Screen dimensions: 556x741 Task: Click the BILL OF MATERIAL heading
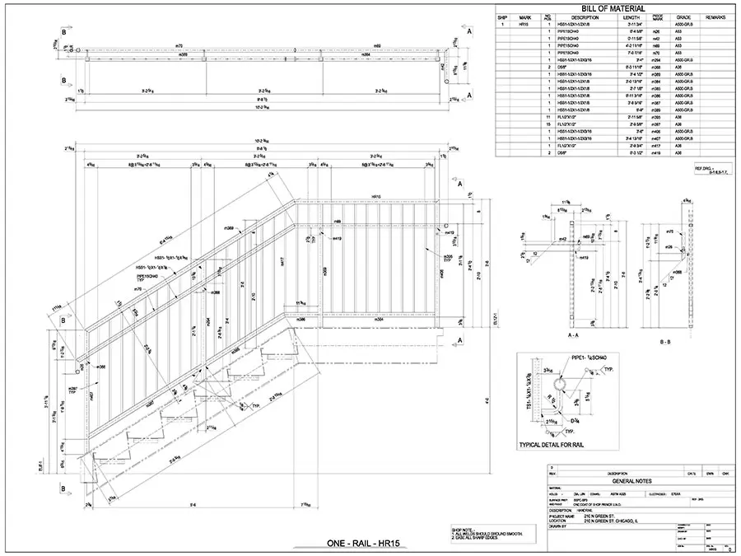(x=613, y=8)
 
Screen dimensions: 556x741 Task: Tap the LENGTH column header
(x=631, y=16)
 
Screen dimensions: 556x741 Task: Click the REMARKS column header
(x=715, y=16)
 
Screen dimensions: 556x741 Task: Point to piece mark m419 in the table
(x=656, y=153)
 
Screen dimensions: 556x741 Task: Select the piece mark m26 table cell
(x=656, y=32)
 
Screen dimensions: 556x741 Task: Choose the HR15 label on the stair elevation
(x=375, y=197)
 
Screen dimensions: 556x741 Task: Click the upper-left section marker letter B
(x=63, y=33)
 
